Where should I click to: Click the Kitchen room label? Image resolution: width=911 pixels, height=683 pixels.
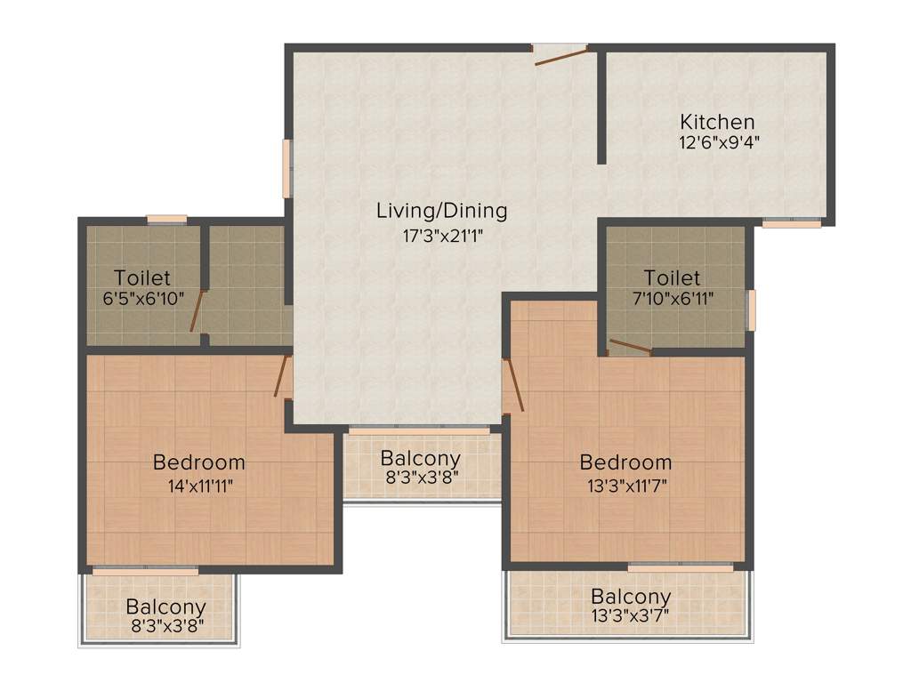tap(717, 122)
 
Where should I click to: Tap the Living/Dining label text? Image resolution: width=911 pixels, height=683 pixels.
tap(441, 211)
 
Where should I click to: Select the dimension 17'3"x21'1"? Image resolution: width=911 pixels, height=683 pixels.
tap(441, 236)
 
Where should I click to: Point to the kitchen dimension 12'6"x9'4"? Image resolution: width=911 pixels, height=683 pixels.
tap(718, 142)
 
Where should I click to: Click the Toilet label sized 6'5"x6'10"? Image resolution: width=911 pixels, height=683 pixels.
tap(142, 278)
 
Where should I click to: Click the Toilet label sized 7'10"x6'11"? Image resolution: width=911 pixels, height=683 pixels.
tap(672, 278)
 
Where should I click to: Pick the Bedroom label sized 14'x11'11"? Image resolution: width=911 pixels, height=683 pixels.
tap(198, 462)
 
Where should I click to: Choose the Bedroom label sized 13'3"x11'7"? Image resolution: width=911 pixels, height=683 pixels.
tap(625, 462)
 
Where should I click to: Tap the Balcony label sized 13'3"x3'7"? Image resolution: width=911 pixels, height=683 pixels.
tap(631, 596)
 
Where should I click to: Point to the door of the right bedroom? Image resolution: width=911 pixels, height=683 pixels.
tap(513, 384)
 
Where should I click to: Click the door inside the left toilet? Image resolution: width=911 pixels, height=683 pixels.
tap(197, 310)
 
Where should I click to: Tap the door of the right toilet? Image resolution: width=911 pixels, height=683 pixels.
tap(630, 347)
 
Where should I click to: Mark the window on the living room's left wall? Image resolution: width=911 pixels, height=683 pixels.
tap(287, 168)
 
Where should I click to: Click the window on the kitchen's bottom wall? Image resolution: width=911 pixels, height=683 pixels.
tap(792, 222)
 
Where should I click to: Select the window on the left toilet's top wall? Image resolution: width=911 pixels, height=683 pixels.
tap(166, 219)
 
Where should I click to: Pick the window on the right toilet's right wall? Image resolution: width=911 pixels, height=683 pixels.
tap(750, 309)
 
